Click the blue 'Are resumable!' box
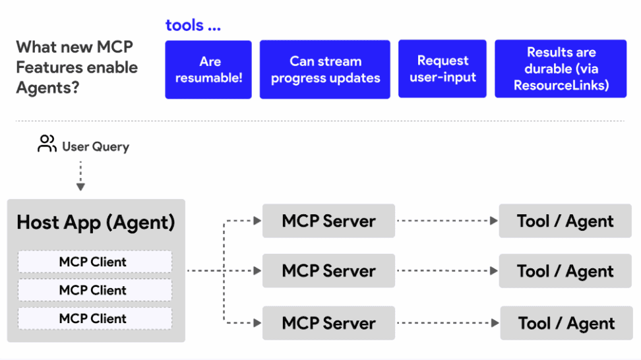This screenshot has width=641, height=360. pos(208,69)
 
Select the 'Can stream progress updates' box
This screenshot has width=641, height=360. pos(325,69)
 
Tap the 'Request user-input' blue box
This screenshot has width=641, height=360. pos(443,69)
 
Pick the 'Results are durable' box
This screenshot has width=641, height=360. pos(561,69)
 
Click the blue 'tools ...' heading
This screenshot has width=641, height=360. pos(193,25)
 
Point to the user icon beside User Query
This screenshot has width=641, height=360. pos(47,144)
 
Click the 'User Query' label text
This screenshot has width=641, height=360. pos(96,146)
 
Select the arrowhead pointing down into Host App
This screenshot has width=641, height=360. pos(80,187)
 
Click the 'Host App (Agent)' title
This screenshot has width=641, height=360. pos(96,223)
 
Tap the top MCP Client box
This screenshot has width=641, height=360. pos(95,262)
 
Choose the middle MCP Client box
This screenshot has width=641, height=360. pos(95,290)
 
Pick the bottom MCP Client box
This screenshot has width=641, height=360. pos(95,318)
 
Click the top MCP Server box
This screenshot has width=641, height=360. pos(328,221)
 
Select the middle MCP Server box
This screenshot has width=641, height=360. pos(328,270)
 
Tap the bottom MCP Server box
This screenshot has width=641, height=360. pos(328,323)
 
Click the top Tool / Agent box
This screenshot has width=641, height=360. pos(565,221)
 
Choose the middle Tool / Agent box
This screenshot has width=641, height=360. pos(565,270)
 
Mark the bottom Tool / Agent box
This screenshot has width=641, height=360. pos(566,323)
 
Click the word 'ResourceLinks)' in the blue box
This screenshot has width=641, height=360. pos(561,86)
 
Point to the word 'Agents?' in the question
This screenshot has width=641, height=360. pos(48,88)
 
